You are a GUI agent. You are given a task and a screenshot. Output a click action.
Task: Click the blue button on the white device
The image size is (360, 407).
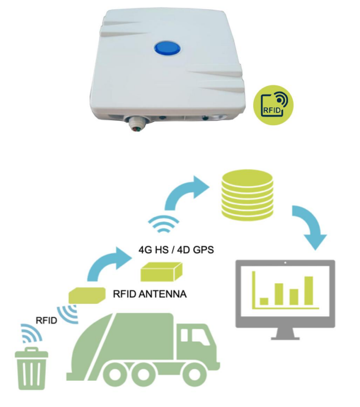click(167, 48)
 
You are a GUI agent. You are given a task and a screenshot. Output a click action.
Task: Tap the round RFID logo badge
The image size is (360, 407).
click(273, 105)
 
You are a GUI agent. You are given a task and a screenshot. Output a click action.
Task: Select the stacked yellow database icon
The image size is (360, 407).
click(247, 195)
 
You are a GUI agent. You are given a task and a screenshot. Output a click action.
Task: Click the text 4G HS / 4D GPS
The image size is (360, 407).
click(176, 250)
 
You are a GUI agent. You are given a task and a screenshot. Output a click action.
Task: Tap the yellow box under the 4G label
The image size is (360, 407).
click(162, 272)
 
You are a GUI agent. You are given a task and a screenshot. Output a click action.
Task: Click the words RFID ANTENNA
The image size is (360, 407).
click(149, 294)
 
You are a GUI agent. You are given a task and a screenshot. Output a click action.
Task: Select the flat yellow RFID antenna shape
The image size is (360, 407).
click(87, 295)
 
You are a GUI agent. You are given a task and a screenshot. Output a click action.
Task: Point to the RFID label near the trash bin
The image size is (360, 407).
click(46, 320)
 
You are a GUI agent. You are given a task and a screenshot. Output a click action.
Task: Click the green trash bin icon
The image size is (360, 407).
click(31, 369)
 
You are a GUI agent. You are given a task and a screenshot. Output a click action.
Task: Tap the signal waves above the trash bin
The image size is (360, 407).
click(31, 334)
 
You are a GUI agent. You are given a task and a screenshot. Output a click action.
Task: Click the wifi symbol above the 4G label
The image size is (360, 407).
click(164, 223)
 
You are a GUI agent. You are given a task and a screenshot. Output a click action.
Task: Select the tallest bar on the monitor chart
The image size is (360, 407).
click(309, 290)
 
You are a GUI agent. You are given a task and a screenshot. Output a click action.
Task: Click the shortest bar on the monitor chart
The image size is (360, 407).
click(264, 301)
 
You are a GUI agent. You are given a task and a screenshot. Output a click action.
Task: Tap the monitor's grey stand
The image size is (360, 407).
click(285, 334)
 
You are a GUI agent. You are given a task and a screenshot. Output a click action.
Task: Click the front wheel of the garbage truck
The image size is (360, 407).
click(193, 375)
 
